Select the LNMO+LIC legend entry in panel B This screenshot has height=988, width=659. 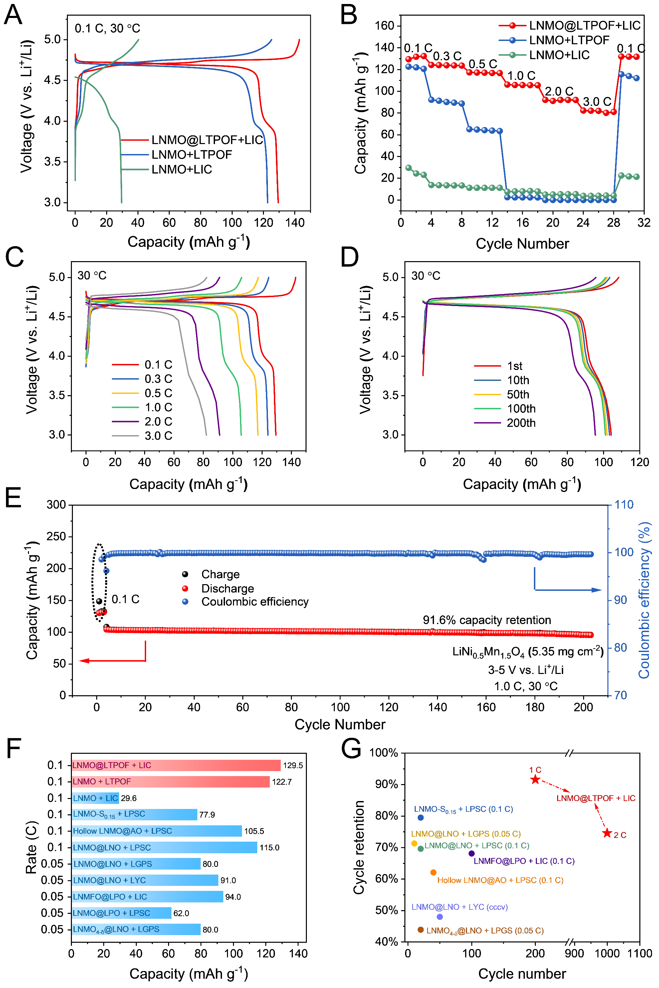(558, 55)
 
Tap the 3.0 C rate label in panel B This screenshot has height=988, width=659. (596, 102)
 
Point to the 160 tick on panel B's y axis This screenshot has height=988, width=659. (384, 26)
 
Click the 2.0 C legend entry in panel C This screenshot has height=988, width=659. (158, 421)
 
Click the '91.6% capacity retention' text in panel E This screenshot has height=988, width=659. (486, 620)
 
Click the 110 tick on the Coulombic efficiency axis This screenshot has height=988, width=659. (624, 505)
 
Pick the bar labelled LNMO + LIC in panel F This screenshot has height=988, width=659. (96, 798)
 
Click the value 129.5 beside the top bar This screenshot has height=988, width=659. (293, 765)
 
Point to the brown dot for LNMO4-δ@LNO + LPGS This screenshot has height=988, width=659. (420, 929)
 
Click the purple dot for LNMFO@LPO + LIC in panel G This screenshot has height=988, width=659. (471, 853)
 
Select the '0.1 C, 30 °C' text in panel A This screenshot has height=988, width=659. (107, 29)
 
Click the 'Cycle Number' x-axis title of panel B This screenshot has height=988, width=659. (522, 244)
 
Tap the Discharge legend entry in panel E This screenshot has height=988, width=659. (227, 588)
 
